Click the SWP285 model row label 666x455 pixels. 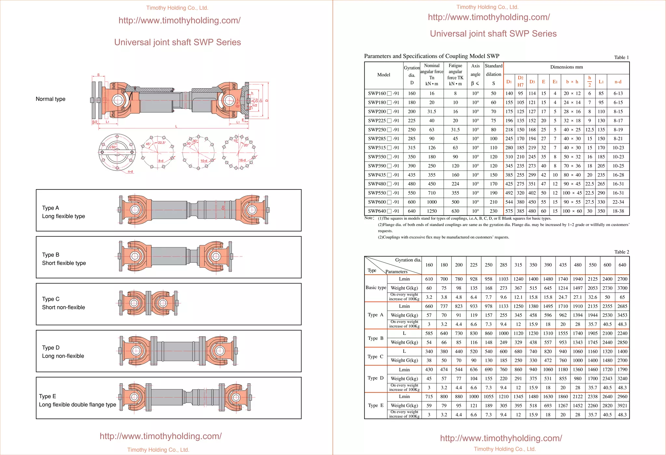[x=383, y=139]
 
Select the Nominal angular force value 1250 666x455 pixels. [x=432, y=211]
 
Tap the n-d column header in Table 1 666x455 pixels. [x=618, y=82]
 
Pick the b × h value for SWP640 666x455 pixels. [x=572, y=211]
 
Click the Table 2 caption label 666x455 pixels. [x=621, y=252]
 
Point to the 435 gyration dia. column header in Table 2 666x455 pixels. [x=563, y=265]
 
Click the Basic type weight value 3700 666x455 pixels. [x=622, y=288]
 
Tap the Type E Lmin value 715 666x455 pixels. [x=429, y=396]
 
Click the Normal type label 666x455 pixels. [x=50, y=99]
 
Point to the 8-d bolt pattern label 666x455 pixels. [x=161, y=161]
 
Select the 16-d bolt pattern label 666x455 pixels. [x=242, y=160]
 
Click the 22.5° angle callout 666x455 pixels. [x=162, y=143]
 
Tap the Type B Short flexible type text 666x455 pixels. [x=64, y=259]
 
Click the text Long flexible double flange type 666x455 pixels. [x=77, y=405]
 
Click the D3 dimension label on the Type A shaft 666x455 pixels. [x=223, y=208]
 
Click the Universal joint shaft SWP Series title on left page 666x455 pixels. [x=178, y=42]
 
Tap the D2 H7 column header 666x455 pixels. [x=520, y=81]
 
